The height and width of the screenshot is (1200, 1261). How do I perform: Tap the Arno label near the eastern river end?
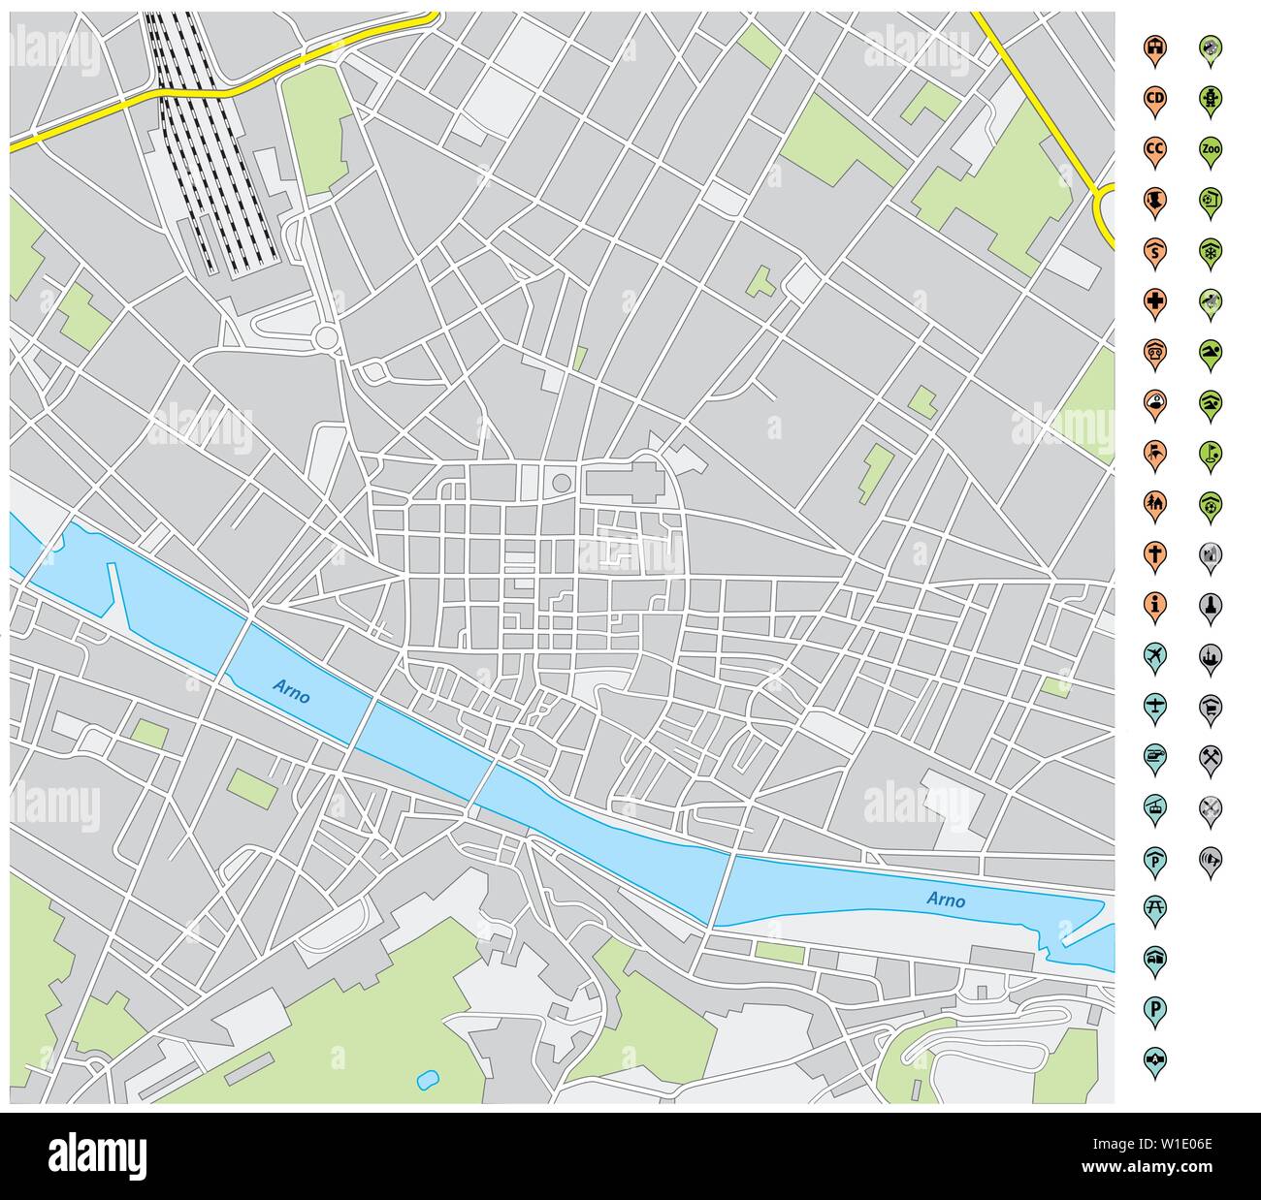[946, 900]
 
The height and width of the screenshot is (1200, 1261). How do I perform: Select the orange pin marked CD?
[1154, 97]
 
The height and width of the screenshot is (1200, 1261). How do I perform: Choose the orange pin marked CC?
[1154, 148]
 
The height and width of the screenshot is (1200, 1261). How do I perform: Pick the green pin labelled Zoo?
[1210, 148]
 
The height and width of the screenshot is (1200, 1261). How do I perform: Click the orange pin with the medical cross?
[1154, 300]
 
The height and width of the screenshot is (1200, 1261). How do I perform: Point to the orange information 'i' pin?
[1154, 603]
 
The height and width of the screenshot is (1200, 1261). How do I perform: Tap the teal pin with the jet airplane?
[1154, 653]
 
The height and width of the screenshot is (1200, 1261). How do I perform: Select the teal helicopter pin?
[1154, 754]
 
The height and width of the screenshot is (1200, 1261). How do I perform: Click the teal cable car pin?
[1154, 805]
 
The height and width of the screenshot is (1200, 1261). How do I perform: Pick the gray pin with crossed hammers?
[1210, 754]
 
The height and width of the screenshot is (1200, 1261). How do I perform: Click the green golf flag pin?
[1210, 451]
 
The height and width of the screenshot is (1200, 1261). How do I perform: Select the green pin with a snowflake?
[1210, 249]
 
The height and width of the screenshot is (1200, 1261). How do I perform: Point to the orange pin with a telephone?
[1154, 350]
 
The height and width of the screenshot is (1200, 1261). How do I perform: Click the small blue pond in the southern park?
[426, 1078]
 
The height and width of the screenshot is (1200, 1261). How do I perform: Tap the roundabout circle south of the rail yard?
[326, 337]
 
